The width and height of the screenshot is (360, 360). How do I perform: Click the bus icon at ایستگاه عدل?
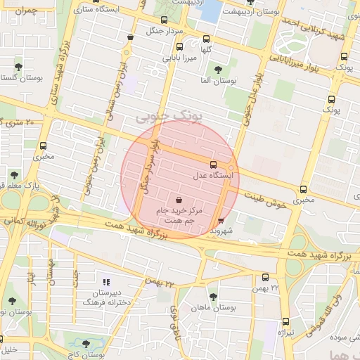coord(214,165)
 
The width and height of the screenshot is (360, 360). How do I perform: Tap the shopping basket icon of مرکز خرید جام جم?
coord(179,200)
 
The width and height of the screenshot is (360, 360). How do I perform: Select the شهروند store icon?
coord(222,221)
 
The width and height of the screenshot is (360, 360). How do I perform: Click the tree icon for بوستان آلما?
coord(219,70)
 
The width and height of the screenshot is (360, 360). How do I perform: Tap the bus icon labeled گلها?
coord(206,39)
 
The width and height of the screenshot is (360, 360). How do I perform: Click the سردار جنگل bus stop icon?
coord(164,20)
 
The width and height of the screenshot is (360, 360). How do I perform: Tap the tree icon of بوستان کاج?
coord(86,345)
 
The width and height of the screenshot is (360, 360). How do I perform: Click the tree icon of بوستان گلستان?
coord(18,67)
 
